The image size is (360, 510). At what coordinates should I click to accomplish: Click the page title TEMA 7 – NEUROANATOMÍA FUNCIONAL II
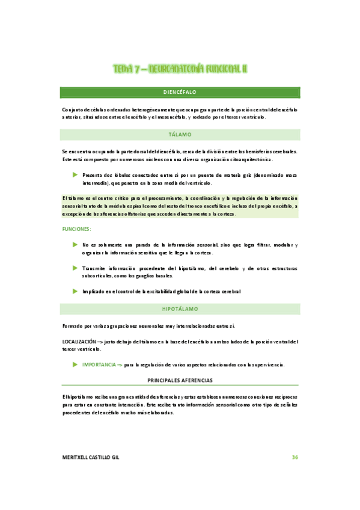(180, 69)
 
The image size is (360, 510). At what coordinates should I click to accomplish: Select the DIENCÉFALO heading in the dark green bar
(180, 92)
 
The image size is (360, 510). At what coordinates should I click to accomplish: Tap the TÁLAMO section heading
(180, 135)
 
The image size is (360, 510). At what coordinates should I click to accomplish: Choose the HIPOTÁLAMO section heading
(180, 309)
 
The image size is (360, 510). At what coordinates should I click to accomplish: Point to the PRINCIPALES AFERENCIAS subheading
(180, 381)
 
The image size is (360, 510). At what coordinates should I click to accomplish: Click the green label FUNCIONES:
(76, 229)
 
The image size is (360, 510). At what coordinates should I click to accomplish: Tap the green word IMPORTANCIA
(99, 364)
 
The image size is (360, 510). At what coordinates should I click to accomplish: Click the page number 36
(294, 458)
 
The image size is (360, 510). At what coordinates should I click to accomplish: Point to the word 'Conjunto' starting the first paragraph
(73, 109)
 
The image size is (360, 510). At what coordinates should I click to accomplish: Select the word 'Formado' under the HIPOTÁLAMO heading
(72, 325)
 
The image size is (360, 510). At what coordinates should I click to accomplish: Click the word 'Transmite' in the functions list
(94, 268)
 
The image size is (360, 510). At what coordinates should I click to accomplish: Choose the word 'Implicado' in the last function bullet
(94, 291)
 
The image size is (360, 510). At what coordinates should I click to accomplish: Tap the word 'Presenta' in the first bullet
(93, 175)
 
